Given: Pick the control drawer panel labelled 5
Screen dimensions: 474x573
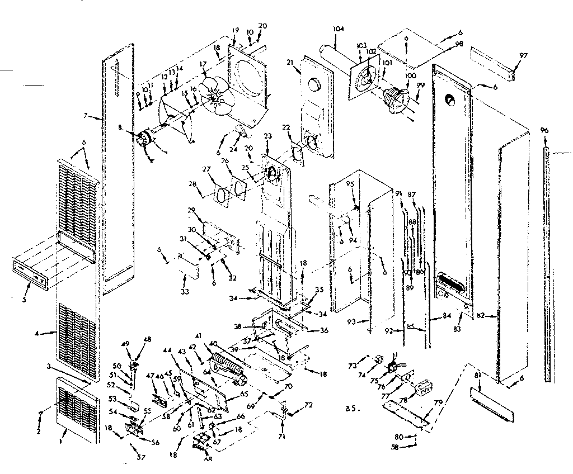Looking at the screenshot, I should [x=39, y=273].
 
